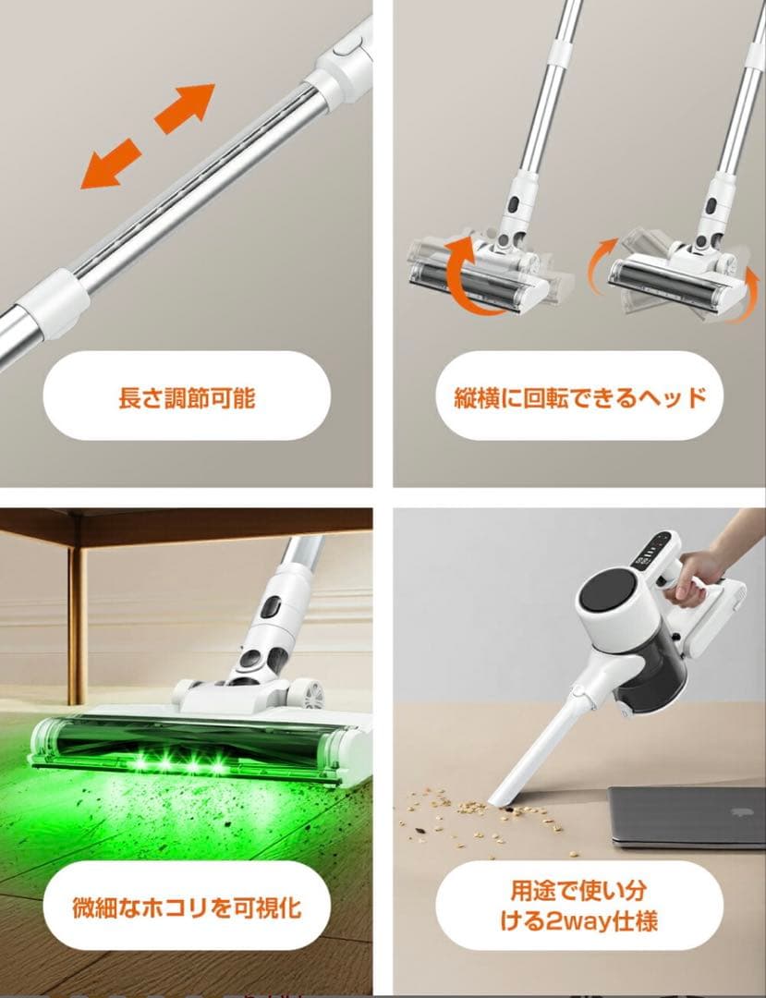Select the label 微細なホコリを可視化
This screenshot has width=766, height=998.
pos(187,907)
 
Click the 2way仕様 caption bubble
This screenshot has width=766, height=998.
pos(580,907)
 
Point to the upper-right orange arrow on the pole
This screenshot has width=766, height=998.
pos(185,108)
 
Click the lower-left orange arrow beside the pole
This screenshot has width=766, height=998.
pos(110,164)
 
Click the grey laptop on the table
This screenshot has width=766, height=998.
pos(687,816)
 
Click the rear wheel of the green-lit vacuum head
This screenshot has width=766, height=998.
pos(304,694)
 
